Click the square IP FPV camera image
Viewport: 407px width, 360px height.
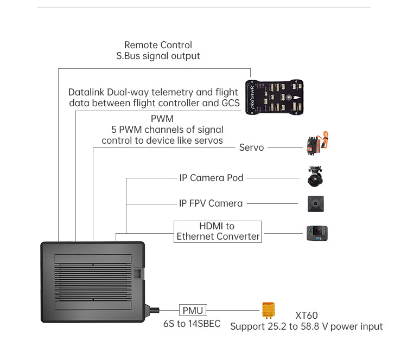[x=316, y=204]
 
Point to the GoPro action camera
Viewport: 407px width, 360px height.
[x=317, y=233]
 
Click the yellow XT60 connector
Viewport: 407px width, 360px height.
[x=269, y=311]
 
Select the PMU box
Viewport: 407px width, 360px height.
[x=193, y=311]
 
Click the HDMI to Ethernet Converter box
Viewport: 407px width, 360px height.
[x=218, y=231]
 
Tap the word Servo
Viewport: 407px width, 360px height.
[x=251, y=147]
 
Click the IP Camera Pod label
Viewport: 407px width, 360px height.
[x=211, y=178]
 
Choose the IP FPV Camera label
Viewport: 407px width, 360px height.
[x=211, y=203]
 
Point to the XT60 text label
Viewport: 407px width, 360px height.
[x=307, y=316]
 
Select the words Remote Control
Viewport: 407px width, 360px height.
[x=158, y=45]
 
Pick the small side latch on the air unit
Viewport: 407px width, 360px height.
[x=138, y=274]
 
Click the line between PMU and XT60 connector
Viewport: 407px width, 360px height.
[x=233, y=311]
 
